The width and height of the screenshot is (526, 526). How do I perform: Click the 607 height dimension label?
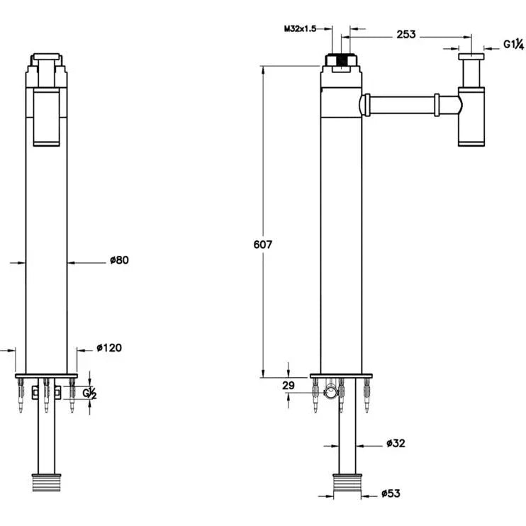tap(263, 245)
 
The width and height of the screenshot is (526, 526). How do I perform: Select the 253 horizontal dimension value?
tap(406, 34)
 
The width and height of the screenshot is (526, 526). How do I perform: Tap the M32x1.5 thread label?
tap(300, 29)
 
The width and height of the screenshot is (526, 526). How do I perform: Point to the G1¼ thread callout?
tap(513, 44)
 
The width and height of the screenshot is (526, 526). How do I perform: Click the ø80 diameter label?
tap(119, 260)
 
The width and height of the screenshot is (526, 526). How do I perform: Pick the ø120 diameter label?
tap(109, 347)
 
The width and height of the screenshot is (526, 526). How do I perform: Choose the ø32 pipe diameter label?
tap(396, 443)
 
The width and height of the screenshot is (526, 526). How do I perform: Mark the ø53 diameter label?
tap(391, 493)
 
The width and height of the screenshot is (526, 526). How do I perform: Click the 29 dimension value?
tap(288, 386)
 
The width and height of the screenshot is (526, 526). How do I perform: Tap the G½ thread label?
tap(89, 393)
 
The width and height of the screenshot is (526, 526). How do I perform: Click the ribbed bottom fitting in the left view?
tap(46, 482)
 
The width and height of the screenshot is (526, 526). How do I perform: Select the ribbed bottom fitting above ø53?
tap(347, 483)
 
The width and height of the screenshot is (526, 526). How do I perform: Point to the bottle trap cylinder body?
tap(471, 117)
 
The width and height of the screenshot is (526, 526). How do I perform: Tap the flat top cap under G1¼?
tap(471, 57)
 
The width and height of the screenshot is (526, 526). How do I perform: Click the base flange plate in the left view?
tap(46, 376)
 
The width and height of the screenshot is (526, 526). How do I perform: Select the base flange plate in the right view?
tap(341, 376)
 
